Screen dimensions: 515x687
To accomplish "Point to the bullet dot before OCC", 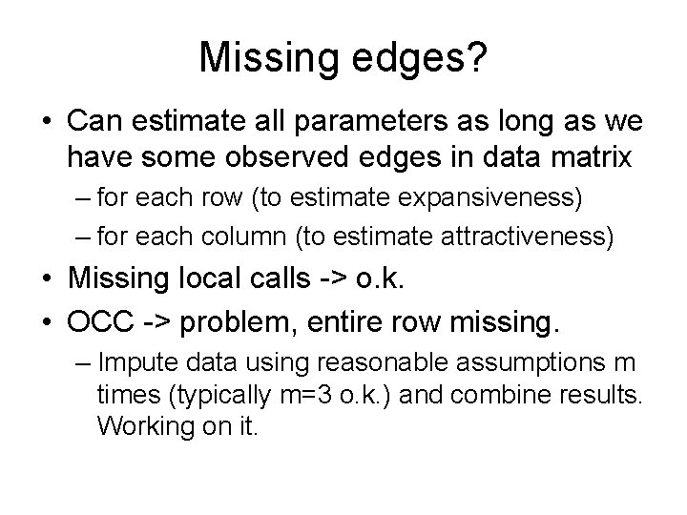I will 47,316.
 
